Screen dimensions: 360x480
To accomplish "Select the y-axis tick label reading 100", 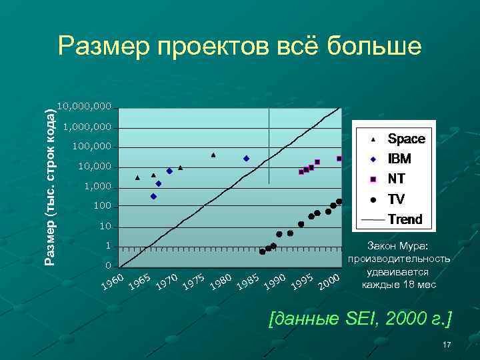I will click(101, 207).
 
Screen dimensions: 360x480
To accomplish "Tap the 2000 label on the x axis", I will click(329, 282).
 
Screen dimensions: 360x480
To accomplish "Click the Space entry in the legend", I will click(406, 139).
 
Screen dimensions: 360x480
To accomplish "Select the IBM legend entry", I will click(399, 159).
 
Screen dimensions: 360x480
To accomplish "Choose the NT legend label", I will click(396, 179).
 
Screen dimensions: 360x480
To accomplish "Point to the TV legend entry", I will click(396, 199).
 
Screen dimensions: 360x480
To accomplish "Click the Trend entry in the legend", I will click(405, 219).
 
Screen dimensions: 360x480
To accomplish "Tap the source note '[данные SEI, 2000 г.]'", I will click(359, 319).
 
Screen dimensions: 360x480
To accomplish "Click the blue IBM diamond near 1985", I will click(246, 159).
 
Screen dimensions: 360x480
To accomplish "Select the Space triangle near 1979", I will click(213, 155).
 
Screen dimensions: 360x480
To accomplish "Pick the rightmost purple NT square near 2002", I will click(339, 159).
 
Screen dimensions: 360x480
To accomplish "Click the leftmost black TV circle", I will click(262, 251).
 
